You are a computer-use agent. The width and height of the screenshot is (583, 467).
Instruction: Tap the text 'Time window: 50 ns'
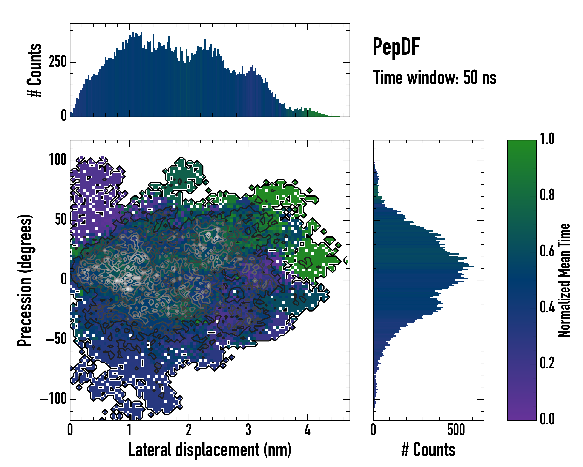435,77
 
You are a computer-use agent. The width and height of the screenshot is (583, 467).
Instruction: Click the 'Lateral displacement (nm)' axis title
209,449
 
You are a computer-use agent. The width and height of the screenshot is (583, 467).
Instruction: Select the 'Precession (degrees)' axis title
25,280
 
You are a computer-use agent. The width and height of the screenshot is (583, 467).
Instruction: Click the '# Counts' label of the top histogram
34,70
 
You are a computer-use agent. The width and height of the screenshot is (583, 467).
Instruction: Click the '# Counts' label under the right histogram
428,449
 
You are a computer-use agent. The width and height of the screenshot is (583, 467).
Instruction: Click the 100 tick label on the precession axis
58,160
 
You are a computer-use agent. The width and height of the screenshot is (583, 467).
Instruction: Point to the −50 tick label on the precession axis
56,339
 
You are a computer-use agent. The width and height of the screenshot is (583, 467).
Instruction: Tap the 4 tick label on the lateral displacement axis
307,430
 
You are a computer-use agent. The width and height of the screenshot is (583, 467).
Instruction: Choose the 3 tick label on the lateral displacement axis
248,430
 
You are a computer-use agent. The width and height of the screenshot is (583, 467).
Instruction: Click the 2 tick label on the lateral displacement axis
189,430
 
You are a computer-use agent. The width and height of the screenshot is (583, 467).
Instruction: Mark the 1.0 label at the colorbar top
547,139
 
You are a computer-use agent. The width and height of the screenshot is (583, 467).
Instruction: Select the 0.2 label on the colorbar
547,363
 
